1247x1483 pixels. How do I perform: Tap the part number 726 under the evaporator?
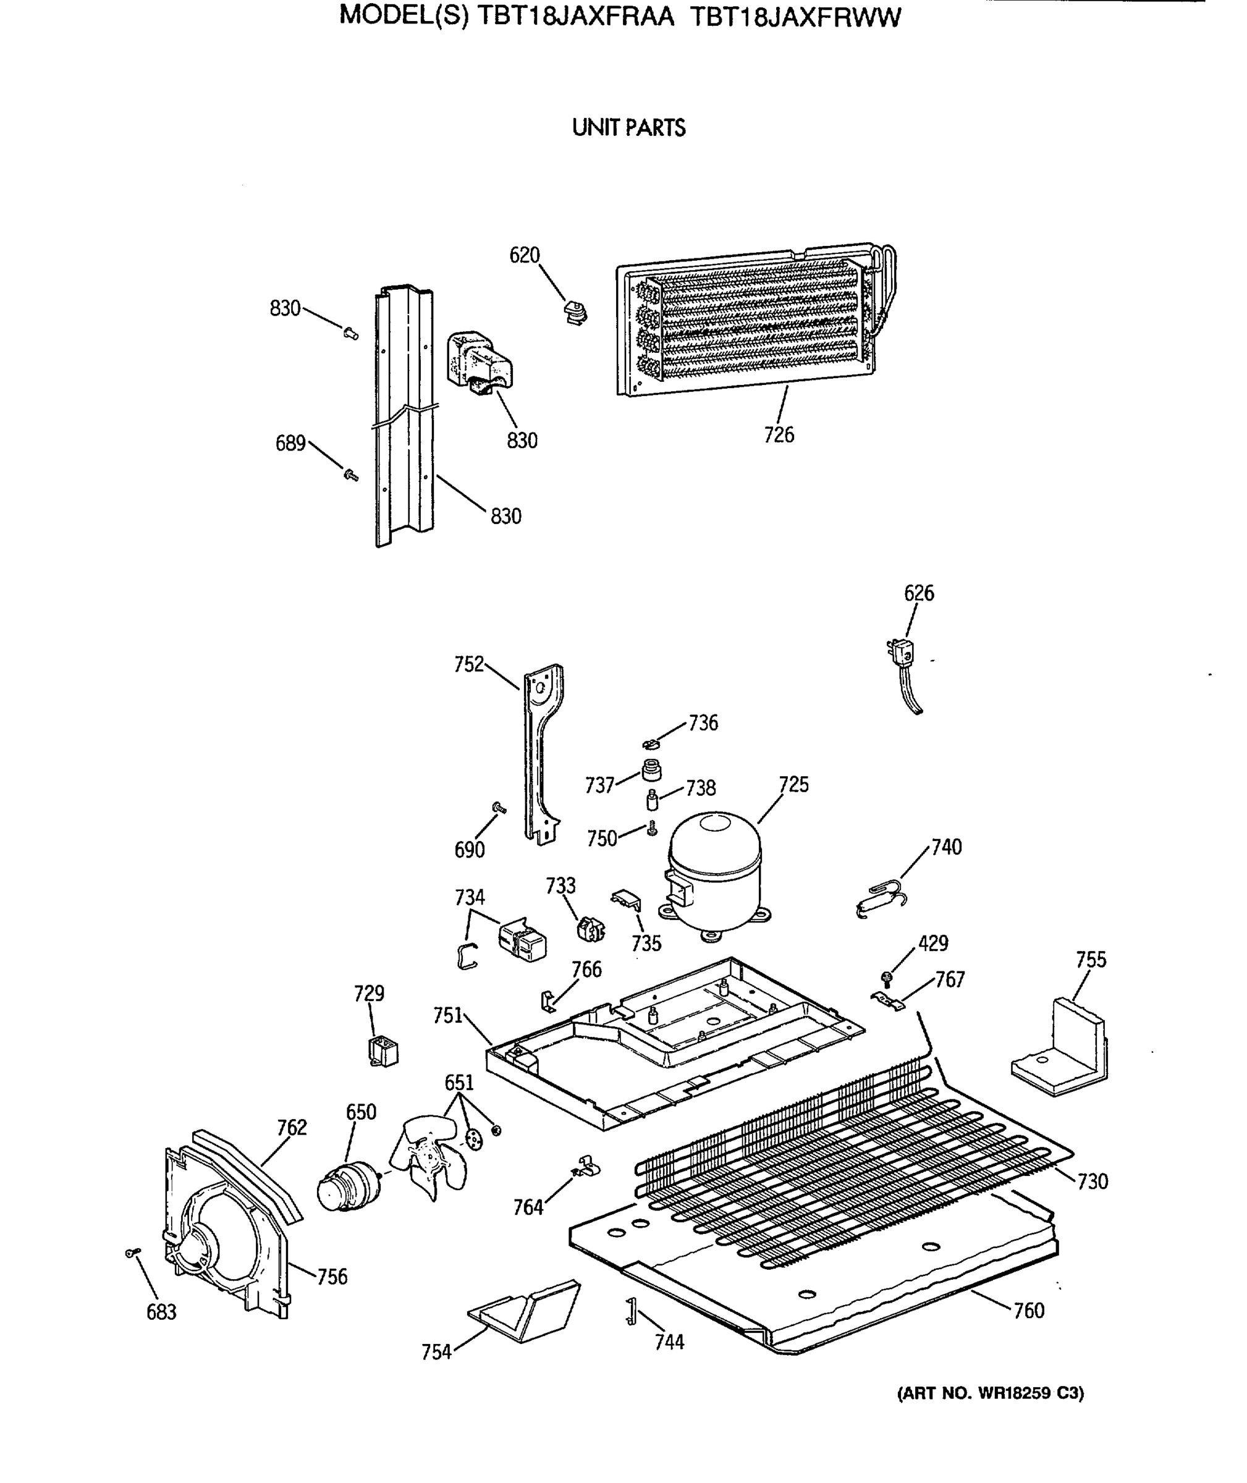[x=779, y=435]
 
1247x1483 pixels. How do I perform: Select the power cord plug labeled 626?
[x=900, y=653]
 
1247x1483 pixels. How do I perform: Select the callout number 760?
[x=1029, y=1311]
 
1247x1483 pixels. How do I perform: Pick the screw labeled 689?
[x=350, y=475]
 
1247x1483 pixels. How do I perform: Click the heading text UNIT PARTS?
[x=628, y=128]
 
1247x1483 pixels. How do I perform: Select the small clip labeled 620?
[x=576, y=311]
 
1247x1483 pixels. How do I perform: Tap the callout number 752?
[x=468, y=664]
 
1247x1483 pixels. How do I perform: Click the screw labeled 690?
[x=499, y=807]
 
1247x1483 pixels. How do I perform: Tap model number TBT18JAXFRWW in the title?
[x=795, y=17]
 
